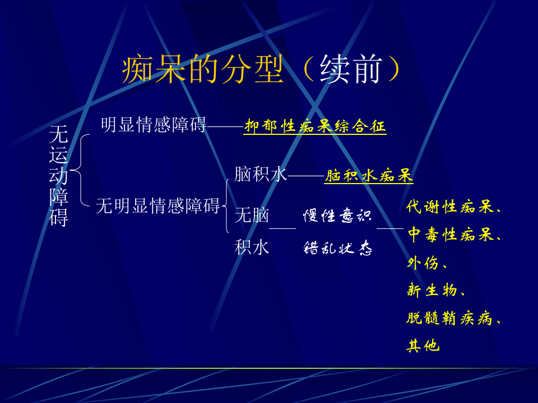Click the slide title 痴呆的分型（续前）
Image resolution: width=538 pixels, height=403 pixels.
[x=261, y=71]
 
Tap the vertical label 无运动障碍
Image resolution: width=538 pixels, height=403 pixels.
[x=58, y=175]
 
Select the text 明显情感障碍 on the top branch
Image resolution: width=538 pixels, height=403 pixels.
[x=154, y=124]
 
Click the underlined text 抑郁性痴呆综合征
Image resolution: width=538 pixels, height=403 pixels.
[x=315, y=126]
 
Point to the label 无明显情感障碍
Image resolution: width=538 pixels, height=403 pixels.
[x=157, y=206]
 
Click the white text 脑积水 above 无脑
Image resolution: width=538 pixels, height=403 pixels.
[x=261, y=174]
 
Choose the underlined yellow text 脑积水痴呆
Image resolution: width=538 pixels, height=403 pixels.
[x=369, y=176]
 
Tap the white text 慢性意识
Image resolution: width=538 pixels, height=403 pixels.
[x=337, y=215]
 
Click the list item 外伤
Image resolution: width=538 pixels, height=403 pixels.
[x=423, y=263]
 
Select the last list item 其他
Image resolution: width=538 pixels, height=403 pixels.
[x=423, y=346]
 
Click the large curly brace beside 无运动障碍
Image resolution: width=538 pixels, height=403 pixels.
[x=81, y=168]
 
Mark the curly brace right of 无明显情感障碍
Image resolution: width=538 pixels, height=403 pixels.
[x=226, y=205]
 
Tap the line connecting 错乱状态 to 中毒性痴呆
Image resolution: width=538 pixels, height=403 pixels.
[x=389, y=228]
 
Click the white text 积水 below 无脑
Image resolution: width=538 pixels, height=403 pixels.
[x=252, y=247]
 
